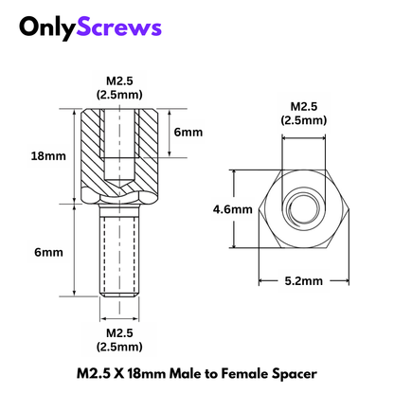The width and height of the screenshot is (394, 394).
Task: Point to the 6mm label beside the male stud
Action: pos(46,253)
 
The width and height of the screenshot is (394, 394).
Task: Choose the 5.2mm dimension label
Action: pos(304,280)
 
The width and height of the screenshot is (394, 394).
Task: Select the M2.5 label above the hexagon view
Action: pos(303,106)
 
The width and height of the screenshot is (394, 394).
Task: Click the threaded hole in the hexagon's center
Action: pos(303,208)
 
